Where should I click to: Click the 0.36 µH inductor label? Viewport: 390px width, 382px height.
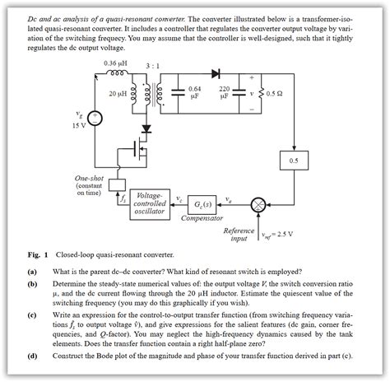tap(115, 63)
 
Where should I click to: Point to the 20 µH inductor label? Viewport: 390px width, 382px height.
tap(118, 93)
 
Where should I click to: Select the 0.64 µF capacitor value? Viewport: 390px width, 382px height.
tap(194, 92)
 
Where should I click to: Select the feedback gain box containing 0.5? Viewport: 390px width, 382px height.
tap(293, 159)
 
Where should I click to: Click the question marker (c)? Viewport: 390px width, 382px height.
tap(32, 315)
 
